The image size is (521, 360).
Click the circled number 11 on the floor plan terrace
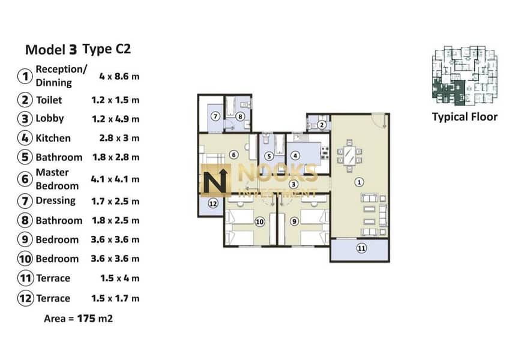click(x=361, y=248)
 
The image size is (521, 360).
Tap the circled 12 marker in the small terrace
click(x=213, y=203)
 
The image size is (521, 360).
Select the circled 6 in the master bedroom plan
click(x=233, y=155)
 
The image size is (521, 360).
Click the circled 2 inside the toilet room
click(x=321, y=125)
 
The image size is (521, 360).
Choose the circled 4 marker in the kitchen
click(x=295, y=155)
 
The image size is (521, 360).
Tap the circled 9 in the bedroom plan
click(x=294, y=221)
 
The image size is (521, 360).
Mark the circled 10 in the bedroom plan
click(x=260, y=221)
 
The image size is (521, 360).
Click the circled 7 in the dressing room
click(x=215, y=116)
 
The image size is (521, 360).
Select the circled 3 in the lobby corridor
click(x=293, y=184)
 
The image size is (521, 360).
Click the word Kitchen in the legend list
click(x=53, y=138)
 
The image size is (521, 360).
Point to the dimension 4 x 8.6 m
click(x=119, y=76)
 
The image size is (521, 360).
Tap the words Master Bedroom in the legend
click(x=57, y=179)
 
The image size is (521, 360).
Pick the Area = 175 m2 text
click(x=79, y=319)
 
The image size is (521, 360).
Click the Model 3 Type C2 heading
click(x=78, y=49)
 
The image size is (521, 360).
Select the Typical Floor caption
click(x=465, y=117)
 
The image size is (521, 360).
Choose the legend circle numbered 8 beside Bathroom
click(x=25, y=220)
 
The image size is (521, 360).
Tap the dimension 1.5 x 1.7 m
click(x=115, y=298)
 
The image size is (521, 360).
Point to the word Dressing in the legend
click(x=55, y=201)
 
